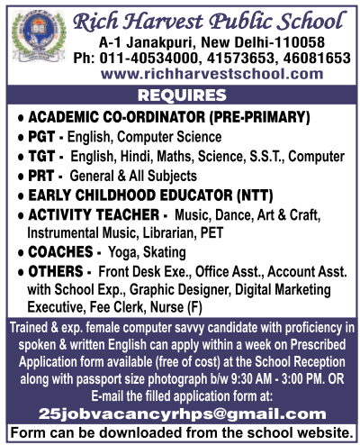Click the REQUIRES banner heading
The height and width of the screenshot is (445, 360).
pyautogui.click(x=180, y=95)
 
